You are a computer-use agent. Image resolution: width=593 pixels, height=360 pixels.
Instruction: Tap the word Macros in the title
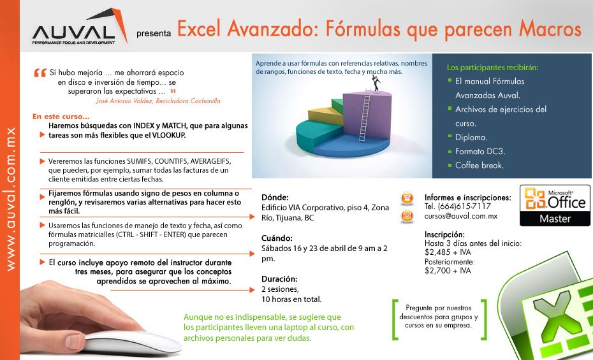click(550, 29)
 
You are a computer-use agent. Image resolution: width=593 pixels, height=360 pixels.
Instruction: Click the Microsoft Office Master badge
click(555, 206)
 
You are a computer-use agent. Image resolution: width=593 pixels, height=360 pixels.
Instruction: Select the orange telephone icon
click(407, 198)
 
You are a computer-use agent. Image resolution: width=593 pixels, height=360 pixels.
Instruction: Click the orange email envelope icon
click(407, 217)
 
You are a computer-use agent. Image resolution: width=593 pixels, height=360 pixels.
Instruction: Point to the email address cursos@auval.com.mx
click(460, 216)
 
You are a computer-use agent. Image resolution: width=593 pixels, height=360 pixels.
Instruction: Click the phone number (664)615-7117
click(464, 206)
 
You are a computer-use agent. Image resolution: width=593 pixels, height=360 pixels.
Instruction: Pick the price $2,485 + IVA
click(448, 252)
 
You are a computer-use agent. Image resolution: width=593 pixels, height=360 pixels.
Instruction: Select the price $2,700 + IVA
click(448, 270)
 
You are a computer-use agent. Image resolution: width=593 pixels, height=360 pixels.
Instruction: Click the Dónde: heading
click(275, 197)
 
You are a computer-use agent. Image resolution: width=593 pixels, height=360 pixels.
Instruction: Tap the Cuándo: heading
click(277, 238)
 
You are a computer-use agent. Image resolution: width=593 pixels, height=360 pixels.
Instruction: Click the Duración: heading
click(279, 279)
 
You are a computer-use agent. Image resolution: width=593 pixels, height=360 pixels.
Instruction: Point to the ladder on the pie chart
click(365, 115)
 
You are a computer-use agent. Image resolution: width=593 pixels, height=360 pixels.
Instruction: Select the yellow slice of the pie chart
click(325, 115)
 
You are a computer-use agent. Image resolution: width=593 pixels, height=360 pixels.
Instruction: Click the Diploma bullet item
click(471, 138)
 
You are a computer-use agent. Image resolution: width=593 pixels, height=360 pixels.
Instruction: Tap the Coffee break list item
click(479, 166)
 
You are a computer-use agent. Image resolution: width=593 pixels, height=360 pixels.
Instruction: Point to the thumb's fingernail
click(74, 342)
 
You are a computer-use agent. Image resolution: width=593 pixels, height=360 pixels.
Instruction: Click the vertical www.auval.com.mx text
click(11, 199)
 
